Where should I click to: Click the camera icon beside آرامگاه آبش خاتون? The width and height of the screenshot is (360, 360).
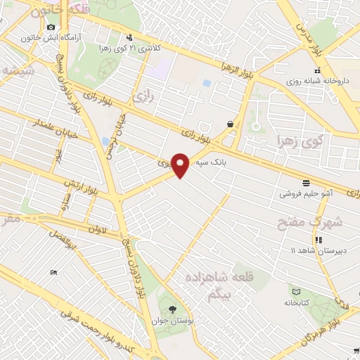[51, 27]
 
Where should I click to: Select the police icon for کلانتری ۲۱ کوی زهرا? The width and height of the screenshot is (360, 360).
[129, 38]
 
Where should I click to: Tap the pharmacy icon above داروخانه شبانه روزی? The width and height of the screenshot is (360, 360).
[317, 70]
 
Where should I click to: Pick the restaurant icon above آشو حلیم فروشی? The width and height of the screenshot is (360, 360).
[304, 182]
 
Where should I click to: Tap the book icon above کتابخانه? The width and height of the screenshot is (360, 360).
[296, 291]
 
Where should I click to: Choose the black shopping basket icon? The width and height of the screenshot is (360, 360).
[231, 124]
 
